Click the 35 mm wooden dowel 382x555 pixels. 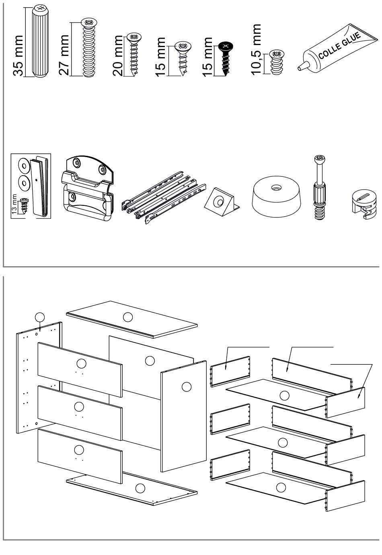pyautogui.click(x=40, y=41)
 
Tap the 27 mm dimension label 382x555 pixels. pyautogui.click(x=64, y=54)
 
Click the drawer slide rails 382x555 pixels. pyautogui.click(x=164, y=197)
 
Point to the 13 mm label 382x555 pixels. pyautogui.click(x=14, y=204)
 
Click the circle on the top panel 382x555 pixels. pyautogui.click(x=127, y=317)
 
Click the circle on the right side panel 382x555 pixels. pyautogui.click(x=187, y=387)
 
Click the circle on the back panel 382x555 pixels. pyautogui.click(x=150, y=361)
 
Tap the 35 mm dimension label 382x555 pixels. pyautogui.click(x=18, y=56)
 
